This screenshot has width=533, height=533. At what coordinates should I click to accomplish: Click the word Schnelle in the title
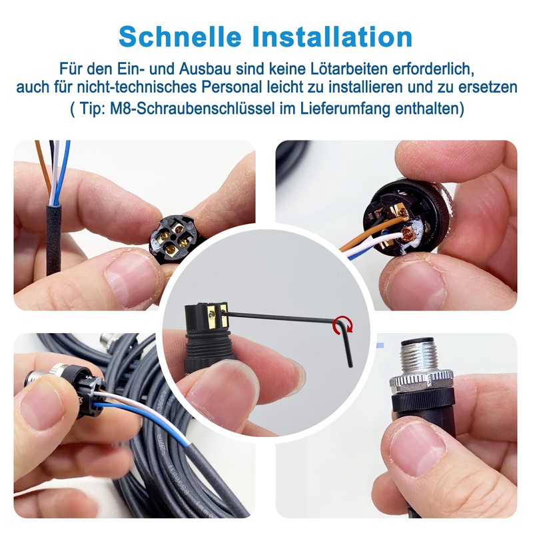[x=175, y=35]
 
